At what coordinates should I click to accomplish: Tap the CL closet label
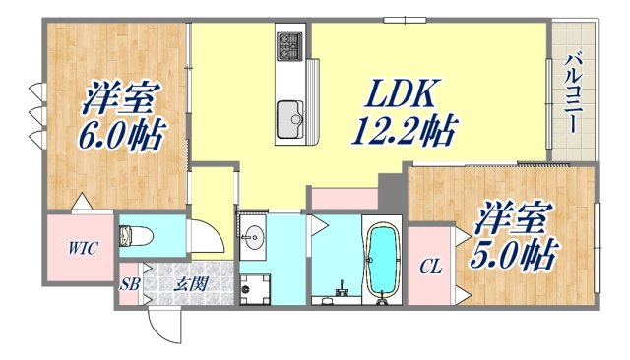[x=430, y=266]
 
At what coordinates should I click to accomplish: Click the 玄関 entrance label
[x=191, y=285]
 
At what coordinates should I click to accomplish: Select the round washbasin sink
[x=255, y=235]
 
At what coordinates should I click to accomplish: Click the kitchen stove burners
[x=291, y=44]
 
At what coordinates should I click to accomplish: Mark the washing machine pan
[x=256, y=288]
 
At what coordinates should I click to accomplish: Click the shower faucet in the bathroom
[x=341, y=290]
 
